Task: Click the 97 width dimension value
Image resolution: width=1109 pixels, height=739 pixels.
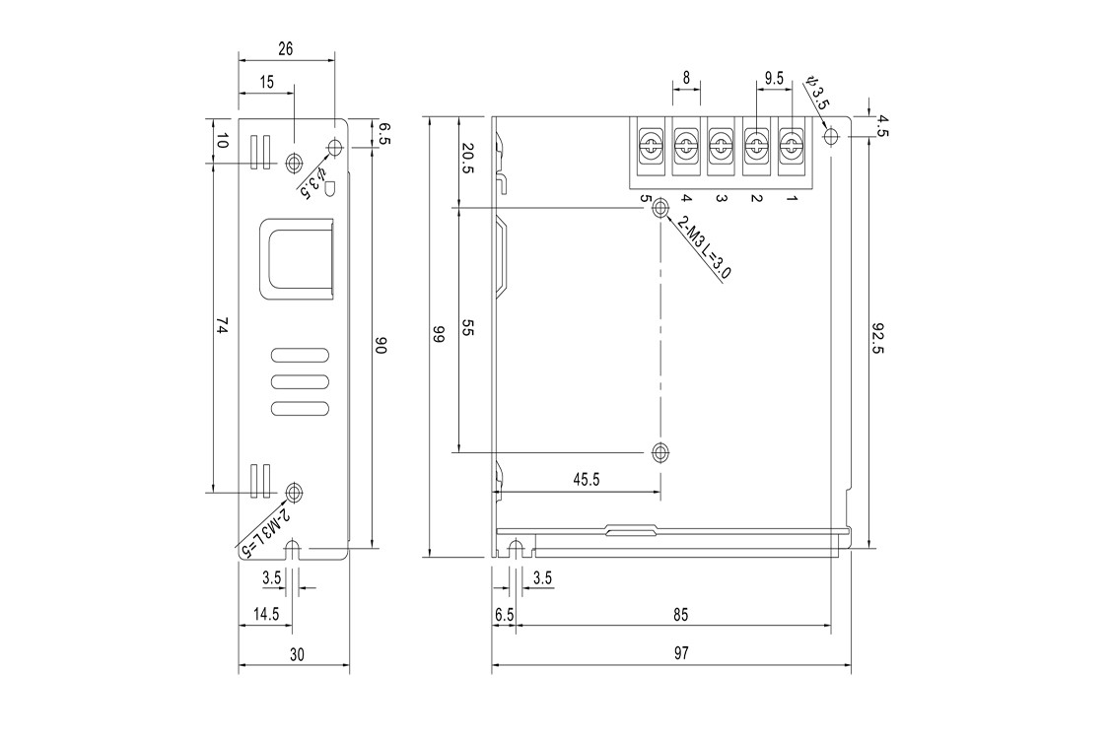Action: pos(681,653)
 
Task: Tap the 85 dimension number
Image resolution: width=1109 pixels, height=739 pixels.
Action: pos(680,615)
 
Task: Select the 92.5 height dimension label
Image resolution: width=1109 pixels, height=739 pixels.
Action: pos(877,339)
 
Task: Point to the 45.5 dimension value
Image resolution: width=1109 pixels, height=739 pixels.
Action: pos(587,480)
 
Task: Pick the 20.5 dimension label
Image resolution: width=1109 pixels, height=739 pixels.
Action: pos(467,159)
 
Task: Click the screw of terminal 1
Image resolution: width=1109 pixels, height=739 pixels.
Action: pos(792,146)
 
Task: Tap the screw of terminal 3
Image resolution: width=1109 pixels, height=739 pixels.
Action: pos(721,146)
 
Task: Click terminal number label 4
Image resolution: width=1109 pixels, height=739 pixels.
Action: pos(685,198)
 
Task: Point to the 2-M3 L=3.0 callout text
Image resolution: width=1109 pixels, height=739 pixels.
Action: pos(704,246)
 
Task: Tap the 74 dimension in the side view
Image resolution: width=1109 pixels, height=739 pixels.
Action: pos(222,326)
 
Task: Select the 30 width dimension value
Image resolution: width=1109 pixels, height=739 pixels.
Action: pos(297,654)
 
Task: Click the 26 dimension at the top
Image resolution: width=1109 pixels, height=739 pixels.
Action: pos(285,49)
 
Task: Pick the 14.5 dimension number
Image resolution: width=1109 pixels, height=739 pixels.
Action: pos(266,614)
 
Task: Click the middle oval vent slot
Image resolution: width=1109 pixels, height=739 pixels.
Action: pos(301,382)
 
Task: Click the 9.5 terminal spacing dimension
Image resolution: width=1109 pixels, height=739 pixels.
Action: pos(775,78)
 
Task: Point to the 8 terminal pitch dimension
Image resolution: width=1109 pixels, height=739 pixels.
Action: pos(686,78)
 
